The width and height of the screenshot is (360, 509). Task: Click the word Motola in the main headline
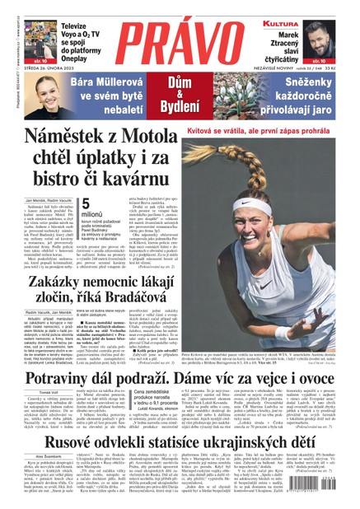click(171, 138)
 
